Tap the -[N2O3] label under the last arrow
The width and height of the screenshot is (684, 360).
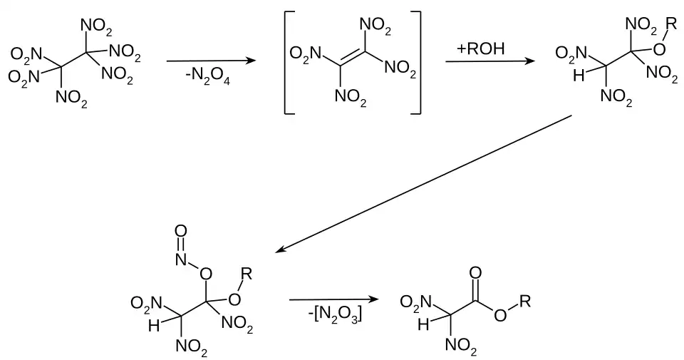pos(336,314)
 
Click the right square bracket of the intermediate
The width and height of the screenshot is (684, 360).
pos(418,63)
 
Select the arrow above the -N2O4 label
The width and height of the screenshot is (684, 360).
pos(211,61)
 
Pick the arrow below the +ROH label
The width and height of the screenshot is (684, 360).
pos(491,62)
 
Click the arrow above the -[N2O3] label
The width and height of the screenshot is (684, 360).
pos(333,299)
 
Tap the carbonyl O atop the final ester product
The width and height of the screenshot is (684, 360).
pos(476,272)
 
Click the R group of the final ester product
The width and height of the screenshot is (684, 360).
pos(524,302)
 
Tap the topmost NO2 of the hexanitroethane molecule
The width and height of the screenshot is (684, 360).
pos(95,26)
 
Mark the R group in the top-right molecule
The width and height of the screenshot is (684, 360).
pos(668,25)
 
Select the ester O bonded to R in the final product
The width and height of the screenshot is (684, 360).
pos(500,315)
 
